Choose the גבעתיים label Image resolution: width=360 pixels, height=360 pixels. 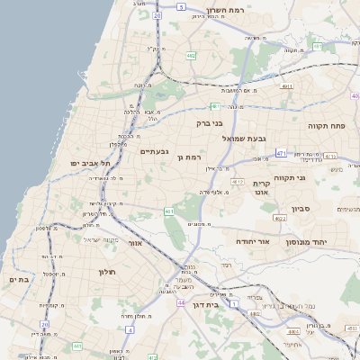(154, 151)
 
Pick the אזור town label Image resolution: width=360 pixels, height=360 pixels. (136, 243)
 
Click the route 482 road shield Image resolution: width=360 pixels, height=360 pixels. (192, 56)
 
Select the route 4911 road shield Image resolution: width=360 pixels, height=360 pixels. (286, 86)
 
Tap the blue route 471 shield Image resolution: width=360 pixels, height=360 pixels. (281, 154)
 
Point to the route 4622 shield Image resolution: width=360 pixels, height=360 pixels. (280, 218)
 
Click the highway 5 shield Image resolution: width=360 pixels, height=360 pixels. (181, 6)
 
